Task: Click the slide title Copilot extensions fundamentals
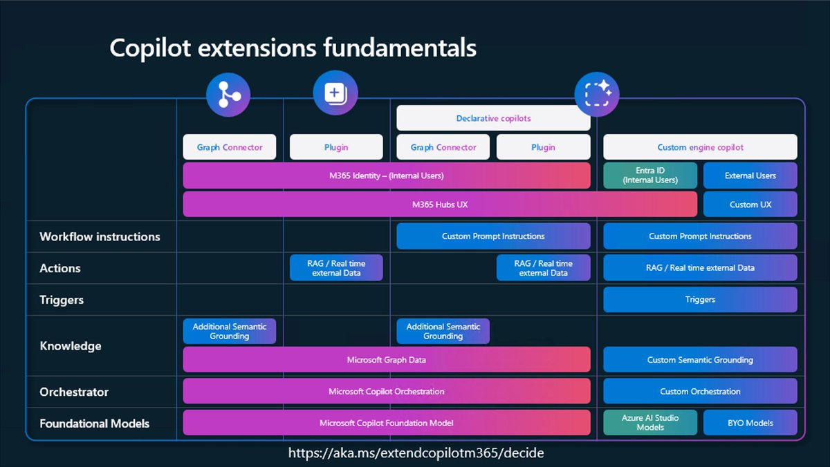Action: (x=293, y=48)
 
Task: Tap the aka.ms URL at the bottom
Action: (x=416, y=453)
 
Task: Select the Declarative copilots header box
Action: (x=493, y=118)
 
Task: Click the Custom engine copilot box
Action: (x=700, y=147)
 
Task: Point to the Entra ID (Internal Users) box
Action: (x=650, y=175)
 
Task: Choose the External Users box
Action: (x=750, y=175)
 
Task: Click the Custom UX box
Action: (x=750, y=204)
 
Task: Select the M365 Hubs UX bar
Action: (x=440, y=204)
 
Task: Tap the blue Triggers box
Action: (x=700, y=300)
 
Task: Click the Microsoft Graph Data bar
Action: (x=386, y=360)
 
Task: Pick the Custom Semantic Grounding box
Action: (x=700, y=360)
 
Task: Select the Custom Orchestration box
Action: (x=700, y=392)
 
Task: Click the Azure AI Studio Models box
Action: (x=650, y=423)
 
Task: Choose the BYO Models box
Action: (x=750, y=423)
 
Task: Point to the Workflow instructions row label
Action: (x=100, y=237)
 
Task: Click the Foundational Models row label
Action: (x=94, y=423)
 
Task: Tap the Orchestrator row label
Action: (x=74, y=392)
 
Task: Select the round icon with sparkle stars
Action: (x=597, y=93)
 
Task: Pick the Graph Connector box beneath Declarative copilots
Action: (x=443, y=147)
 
